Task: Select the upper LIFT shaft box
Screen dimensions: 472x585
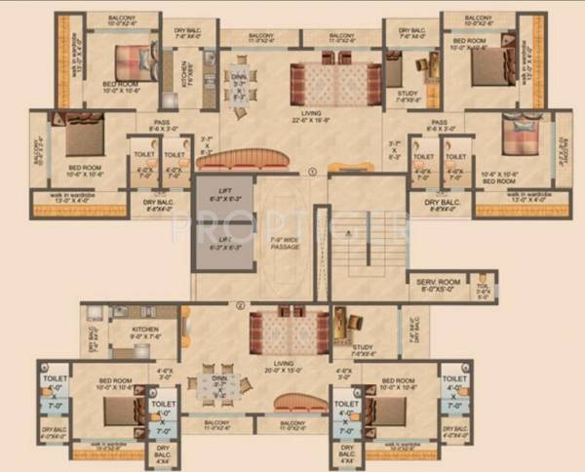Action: pos(223,196)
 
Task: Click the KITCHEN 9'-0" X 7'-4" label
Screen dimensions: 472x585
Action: pos(143,334)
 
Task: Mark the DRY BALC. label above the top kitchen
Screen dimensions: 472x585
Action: pos(186,34)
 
